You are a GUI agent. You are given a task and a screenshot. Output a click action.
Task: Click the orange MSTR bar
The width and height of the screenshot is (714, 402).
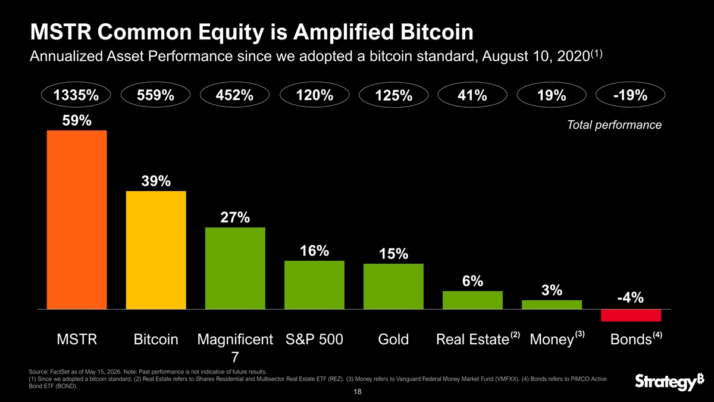pos(77,220)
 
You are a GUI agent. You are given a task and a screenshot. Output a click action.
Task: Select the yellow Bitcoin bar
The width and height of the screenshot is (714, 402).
pos(156,250)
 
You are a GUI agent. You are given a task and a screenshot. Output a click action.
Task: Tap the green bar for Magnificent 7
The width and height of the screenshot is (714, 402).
pos(235,269)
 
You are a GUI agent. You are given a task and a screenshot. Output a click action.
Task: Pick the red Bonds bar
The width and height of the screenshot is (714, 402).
pos(631,315)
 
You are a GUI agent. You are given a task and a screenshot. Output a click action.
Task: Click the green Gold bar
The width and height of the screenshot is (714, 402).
pos(393,286)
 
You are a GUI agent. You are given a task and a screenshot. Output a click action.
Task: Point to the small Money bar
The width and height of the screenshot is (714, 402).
pos(552,305)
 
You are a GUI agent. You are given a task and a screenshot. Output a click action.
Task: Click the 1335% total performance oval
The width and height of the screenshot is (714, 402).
pos(76,95)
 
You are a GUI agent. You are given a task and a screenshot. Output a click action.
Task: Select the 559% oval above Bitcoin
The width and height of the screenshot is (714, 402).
pos(155,95)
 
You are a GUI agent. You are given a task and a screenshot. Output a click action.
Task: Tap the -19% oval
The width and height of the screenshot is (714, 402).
pos(631,95)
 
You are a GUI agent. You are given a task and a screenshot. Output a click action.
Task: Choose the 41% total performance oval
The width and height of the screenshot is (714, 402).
pos(472,95)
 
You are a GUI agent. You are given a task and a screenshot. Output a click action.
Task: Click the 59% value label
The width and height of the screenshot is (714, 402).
pos(77,120)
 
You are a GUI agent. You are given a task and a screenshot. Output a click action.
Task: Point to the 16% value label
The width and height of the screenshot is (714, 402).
pos(314,251)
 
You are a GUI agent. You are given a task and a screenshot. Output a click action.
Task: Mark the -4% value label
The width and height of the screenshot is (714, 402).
pos(631,298)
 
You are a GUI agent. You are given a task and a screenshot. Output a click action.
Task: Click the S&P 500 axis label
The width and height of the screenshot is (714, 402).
pos(314,339)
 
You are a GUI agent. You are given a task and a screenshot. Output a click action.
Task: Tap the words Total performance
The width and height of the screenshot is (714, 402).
pos(614,124)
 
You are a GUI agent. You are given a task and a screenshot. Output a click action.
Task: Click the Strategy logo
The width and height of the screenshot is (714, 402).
pos(669,381)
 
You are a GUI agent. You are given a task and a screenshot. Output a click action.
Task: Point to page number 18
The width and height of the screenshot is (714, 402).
pos(358,392)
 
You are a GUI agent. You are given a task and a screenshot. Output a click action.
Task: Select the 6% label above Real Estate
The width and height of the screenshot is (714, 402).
pos(472,281)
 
